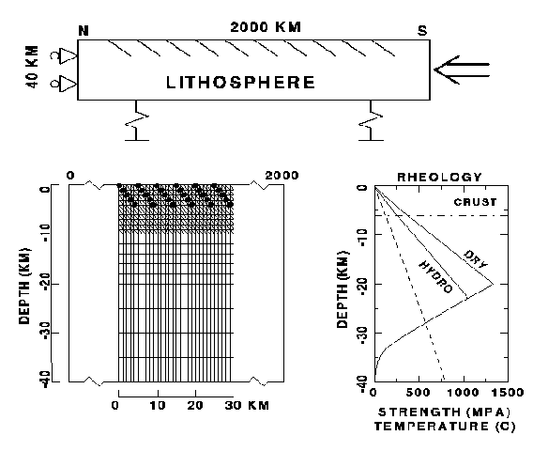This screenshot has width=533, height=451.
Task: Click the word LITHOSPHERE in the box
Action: tap(240, 83)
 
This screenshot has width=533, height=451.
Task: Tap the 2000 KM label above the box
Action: tap(266, 27)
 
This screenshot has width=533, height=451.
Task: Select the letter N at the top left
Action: tap(84, 31)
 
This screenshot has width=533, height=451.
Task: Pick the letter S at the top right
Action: tap(422, 31)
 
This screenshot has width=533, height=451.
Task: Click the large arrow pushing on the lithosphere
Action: tap(462, 70)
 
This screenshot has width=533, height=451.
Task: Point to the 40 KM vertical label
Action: tap(32, 67)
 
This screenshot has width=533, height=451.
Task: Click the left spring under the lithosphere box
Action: tap(137, 120)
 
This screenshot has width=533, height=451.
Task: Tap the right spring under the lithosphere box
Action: tap(371, 120)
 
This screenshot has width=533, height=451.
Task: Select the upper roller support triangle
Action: tap(69, 55)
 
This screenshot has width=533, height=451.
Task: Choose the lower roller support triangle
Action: tap(69, 84)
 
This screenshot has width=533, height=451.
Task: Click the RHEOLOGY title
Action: tap(439, 177)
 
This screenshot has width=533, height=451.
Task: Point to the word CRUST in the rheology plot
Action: tap(475, 202)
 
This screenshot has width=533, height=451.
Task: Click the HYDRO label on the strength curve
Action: tap(435, 277)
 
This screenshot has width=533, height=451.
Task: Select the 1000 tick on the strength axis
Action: tap(464, 393)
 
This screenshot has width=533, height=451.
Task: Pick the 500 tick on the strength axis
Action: tap(419, 393)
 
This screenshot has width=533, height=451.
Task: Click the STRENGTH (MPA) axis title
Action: tap(444, 412)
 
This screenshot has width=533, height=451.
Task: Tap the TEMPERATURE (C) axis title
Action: tap(445, 427)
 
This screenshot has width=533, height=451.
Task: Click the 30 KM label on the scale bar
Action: tap(247, 405)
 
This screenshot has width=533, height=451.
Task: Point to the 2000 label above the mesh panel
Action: tap(282, 176)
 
